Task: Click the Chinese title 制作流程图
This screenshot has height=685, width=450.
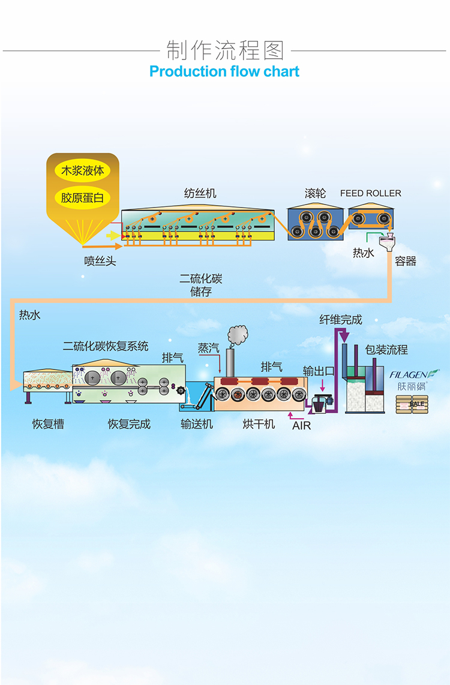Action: click(225, 50)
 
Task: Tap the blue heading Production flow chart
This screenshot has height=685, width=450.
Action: click(224, 71)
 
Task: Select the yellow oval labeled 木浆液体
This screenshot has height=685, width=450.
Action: click(83, 170)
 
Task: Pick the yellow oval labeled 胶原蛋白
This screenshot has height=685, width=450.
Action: click(83, 198)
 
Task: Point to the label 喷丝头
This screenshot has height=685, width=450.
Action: click(100, 262)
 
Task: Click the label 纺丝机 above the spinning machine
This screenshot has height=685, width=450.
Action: click(200, 193)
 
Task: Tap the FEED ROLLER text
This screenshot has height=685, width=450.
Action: click(370, 193)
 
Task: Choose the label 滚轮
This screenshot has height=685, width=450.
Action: click(316, 193)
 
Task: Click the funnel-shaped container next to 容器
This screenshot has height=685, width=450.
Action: click(387, 242)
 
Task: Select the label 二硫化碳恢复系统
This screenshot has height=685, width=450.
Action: click(106, 347)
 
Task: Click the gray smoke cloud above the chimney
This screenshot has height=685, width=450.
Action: click(238, 335)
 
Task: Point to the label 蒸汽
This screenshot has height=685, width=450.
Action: click(208, 348)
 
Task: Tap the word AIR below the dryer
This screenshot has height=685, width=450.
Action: click(301, 425)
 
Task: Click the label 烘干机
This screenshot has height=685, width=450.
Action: click(259, 423)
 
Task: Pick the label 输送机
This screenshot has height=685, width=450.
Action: click(197, 423)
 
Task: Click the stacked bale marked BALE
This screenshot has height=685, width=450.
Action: click(412, 404)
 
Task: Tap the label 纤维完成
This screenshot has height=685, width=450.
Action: click(341, 320)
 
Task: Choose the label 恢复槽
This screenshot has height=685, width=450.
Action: click(48, 423)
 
